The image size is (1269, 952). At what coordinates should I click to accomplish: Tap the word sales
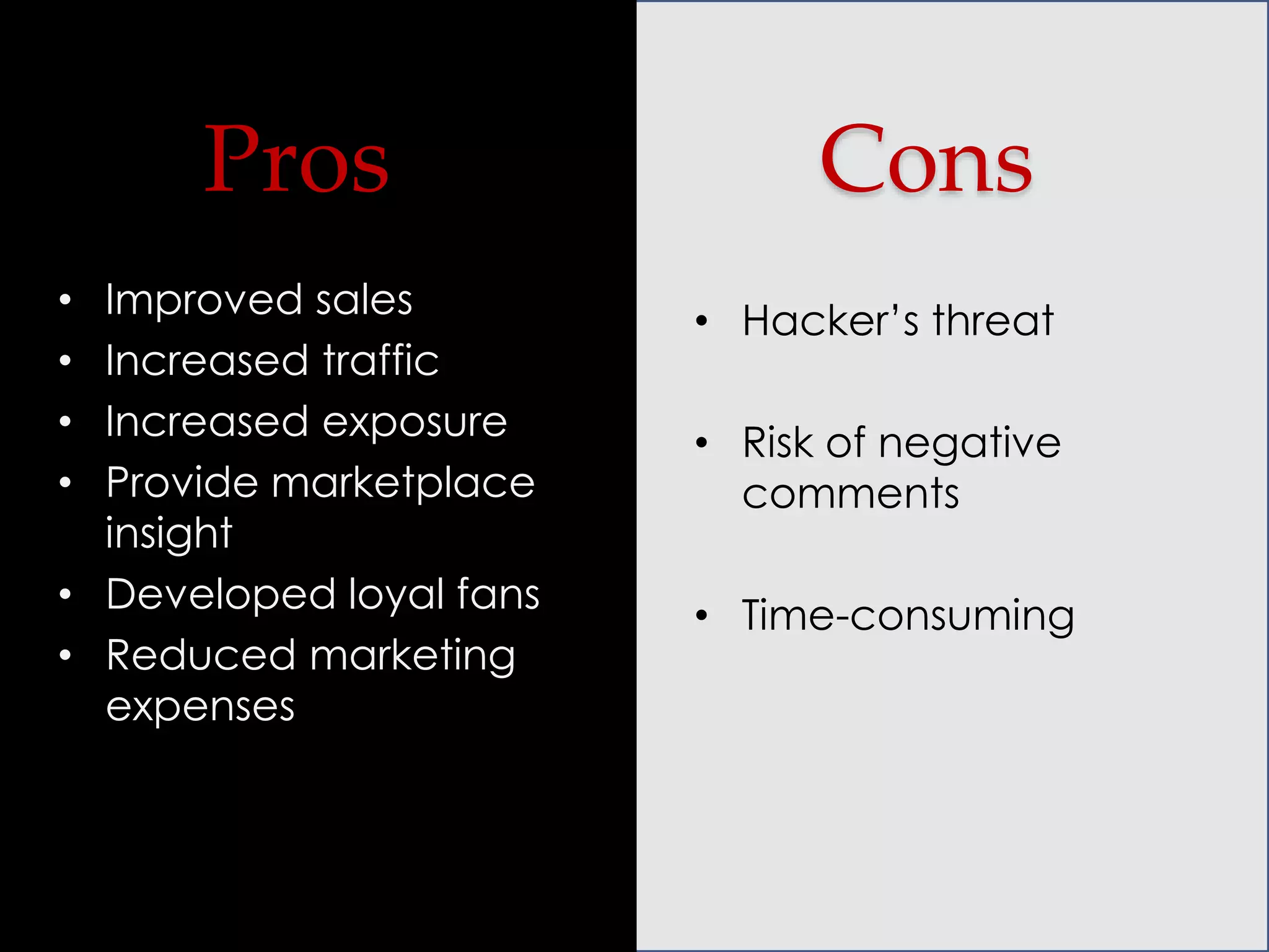pos(364,300)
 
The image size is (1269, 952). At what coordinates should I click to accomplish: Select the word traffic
pos(380,360)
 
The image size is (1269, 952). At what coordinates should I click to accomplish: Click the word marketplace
pos(403,482)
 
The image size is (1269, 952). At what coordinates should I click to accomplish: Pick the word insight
pos(169,533)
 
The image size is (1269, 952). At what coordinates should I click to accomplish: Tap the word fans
pos(498,594)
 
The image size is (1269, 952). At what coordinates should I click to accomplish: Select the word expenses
pos(200,707)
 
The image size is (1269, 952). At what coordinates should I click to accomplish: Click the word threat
pos(993,320)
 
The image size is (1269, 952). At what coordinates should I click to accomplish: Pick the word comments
pos(850,494)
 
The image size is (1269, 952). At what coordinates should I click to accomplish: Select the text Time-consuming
pos(908,615)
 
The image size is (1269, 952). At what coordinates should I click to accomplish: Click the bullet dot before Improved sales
pos(65,301)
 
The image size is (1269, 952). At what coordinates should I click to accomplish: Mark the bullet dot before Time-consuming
pos(701,615)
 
